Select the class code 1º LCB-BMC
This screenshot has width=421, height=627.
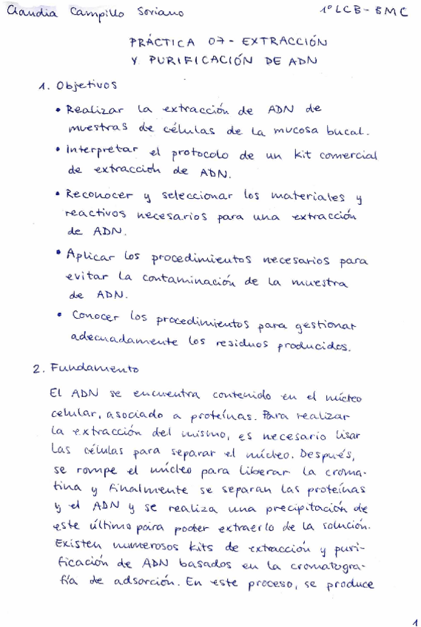(x=363, y=11)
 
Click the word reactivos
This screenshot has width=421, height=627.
(x=95, y=214)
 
